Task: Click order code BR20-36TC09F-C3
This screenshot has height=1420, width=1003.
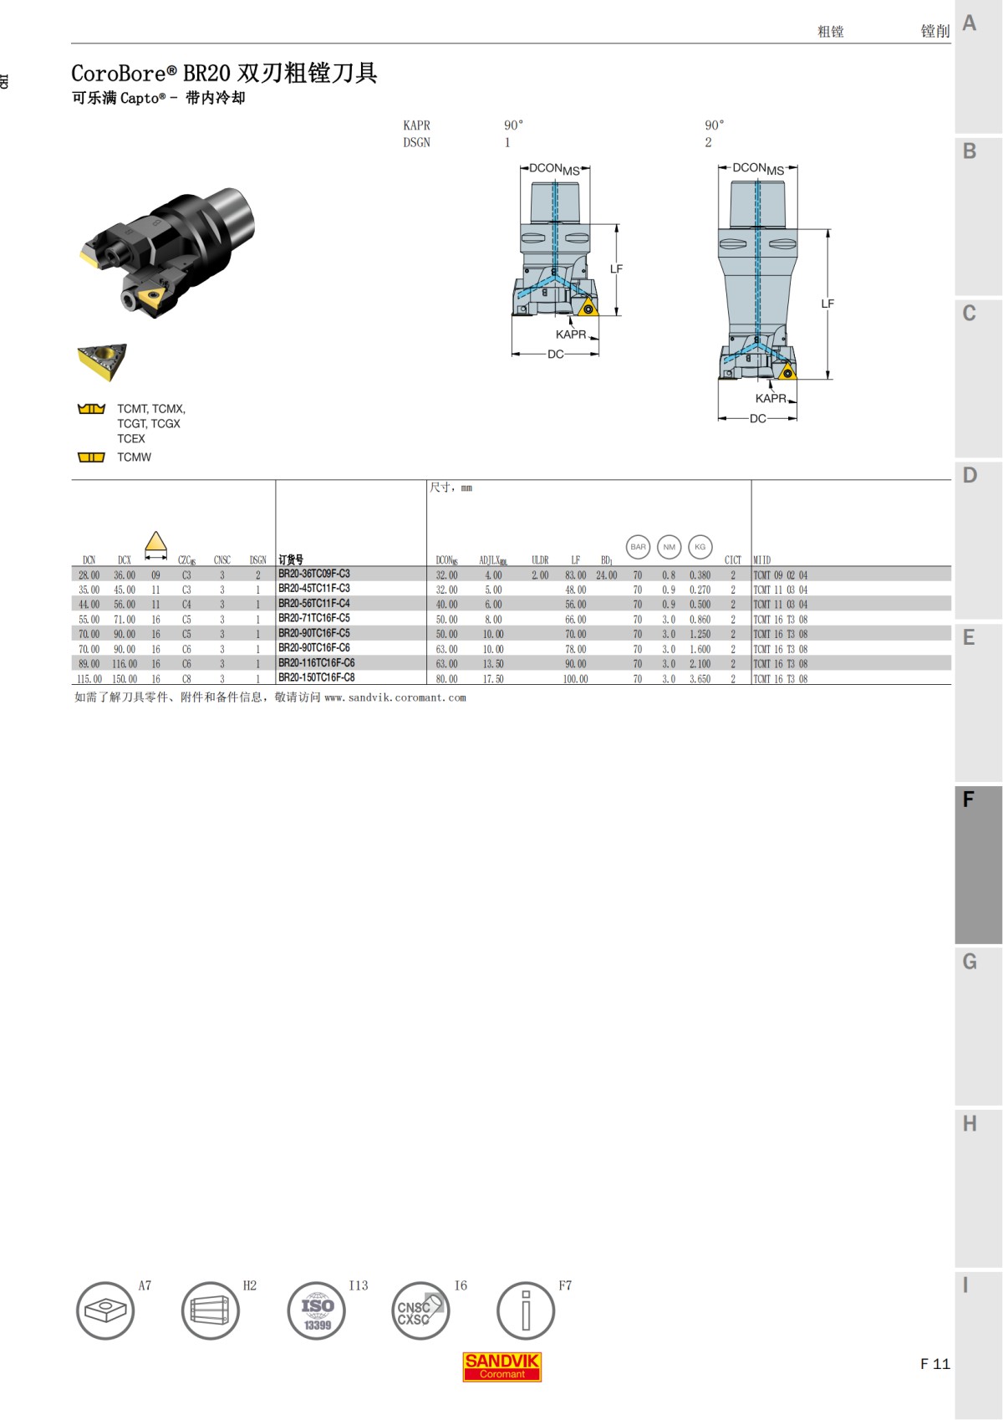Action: coord(314,574)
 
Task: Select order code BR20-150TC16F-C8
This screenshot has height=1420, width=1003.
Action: coord(317,677)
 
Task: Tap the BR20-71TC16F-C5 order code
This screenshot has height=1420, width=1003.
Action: coord(314,618)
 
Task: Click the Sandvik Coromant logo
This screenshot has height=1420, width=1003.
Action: coord(501,1366)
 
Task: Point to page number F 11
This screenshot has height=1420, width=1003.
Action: coord(934,1364)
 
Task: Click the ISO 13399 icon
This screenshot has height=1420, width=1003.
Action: coord(317,1310)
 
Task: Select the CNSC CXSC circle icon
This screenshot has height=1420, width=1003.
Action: coord(420,1310)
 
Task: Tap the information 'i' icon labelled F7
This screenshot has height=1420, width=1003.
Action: coord(525,1310)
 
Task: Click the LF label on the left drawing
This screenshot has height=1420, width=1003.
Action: coord(616,269)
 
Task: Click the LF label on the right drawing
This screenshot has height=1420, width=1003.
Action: coord(827,304)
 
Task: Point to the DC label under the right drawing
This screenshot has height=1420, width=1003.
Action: coord(757,418)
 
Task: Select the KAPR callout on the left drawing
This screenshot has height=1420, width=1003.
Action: coord(571,335)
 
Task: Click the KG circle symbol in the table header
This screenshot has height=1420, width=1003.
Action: coord(700,547)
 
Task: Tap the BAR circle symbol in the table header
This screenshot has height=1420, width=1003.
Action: coord(638,547)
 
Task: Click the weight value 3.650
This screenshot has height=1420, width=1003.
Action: coord(700,679)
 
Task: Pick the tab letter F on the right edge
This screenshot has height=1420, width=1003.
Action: coord(969,799)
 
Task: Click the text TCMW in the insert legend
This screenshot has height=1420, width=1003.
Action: coord(135,457)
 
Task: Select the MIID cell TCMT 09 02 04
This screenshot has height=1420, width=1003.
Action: coord(781,575)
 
